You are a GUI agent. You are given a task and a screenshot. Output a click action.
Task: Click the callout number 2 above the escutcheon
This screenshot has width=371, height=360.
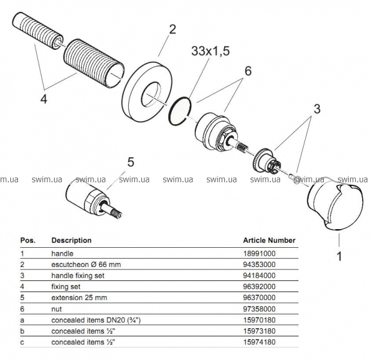[x=173, y=29]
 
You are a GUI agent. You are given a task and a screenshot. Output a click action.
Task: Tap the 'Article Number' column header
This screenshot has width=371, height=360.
[x=269, y=240]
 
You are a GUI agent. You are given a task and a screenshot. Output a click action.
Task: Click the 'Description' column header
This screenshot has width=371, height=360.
[x=71, y=240]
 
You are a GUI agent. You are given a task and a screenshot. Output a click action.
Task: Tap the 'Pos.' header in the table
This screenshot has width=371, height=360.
[x=28, y=240]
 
